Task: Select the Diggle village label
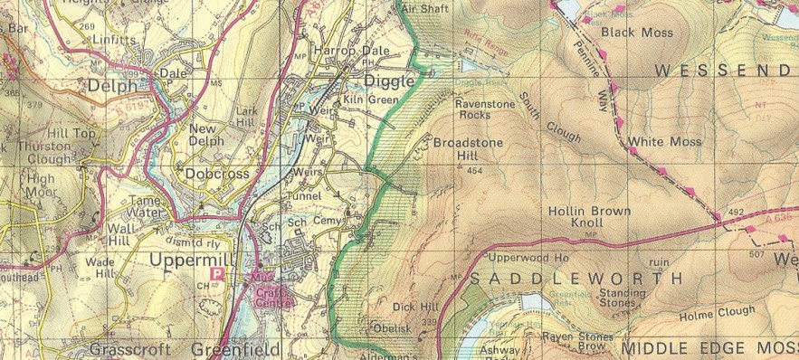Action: (x=390, y=81)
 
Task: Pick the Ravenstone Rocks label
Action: (x=487, y=109)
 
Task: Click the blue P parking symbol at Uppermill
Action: (x=217, y=273)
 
